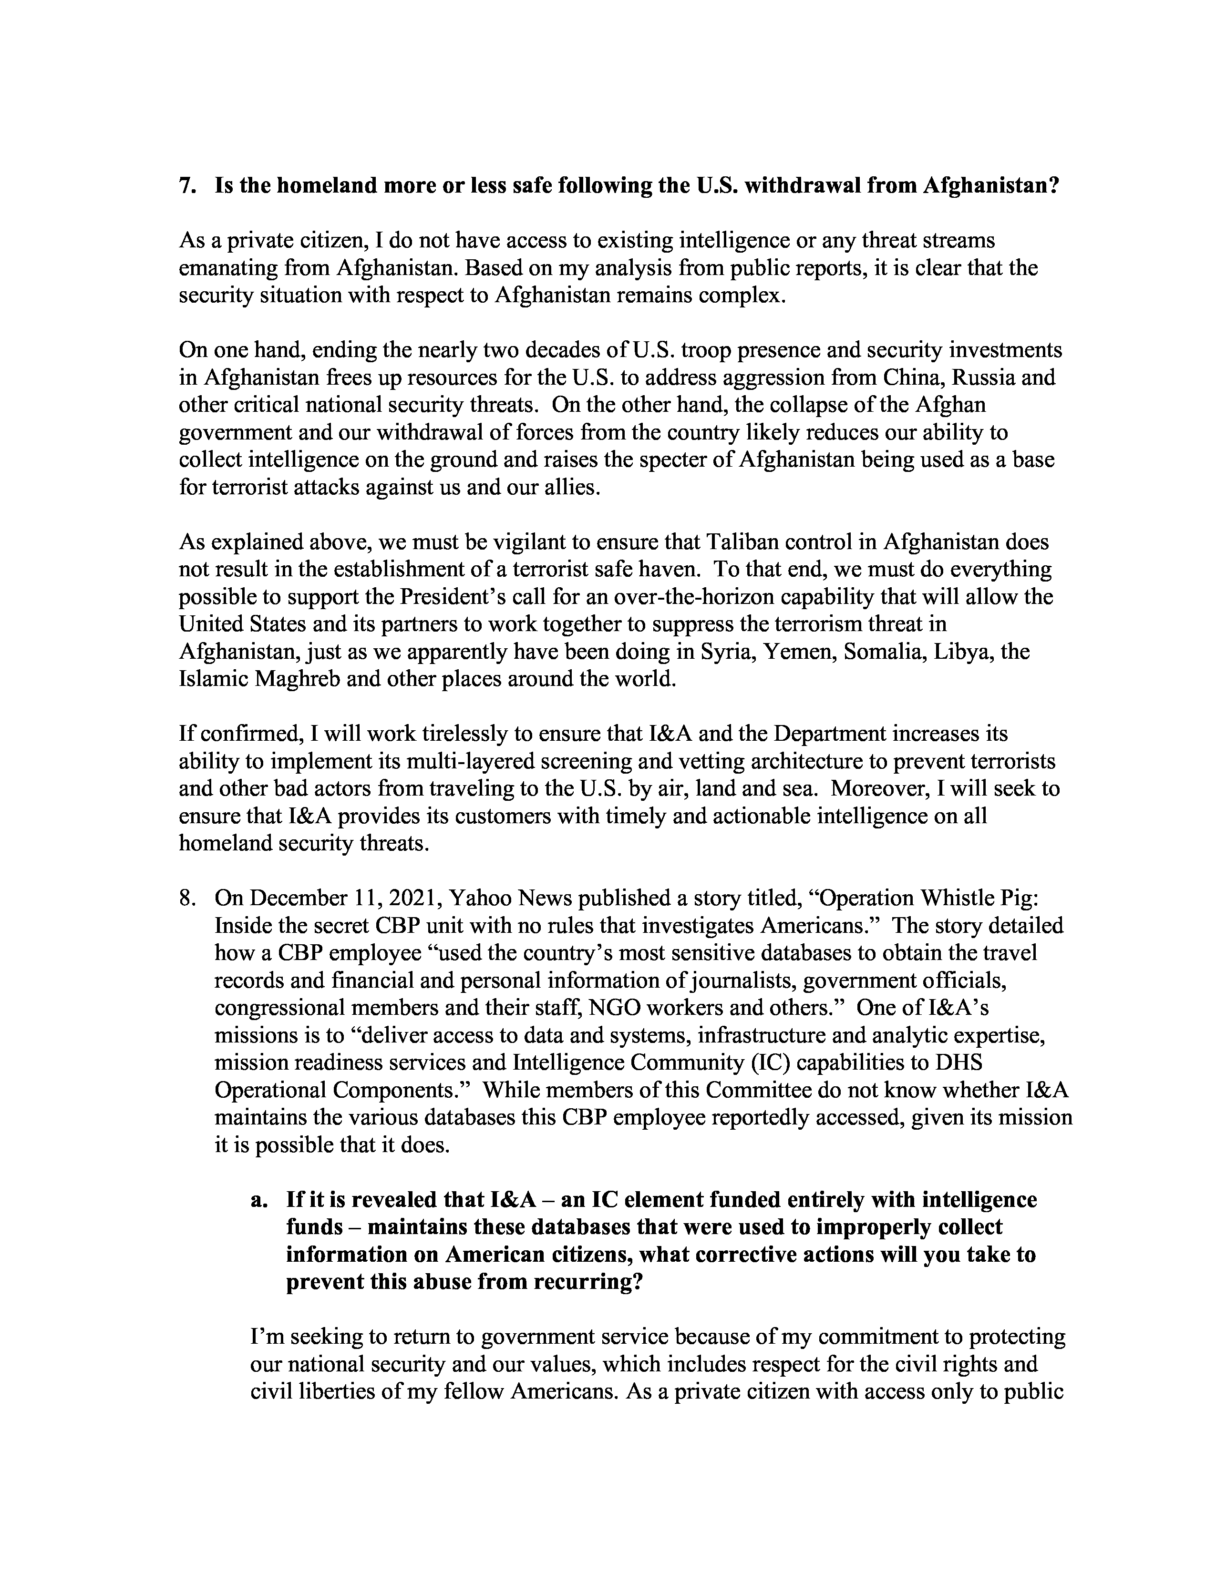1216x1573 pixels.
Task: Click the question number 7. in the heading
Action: tap(187, 186)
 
